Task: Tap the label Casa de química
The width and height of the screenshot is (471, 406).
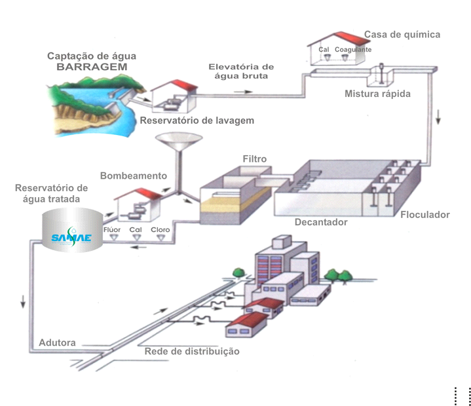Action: point(402,35)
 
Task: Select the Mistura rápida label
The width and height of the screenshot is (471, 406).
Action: point(377,94)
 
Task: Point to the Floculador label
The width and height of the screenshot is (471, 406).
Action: point(424,214)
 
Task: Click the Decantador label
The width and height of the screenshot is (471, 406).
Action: point(321,222)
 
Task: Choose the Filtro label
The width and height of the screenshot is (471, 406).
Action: point(255,159)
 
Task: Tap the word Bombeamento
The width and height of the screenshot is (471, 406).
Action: point(134,176)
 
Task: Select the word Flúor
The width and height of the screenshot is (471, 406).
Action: point(113,230)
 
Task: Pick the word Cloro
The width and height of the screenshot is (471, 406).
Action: point(160,230)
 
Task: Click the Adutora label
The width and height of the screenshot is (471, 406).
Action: point(57,342)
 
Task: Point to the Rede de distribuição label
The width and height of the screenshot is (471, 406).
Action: point(192,352)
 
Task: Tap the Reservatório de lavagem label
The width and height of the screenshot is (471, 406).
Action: point(197,120)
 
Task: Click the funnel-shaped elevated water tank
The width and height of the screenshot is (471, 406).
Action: point(179,143)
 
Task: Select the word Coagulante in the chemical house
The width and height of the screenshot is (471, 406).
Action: point(353,50)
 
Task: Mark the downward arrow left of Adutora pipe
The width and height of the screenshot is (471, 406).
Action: point(23,302)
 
